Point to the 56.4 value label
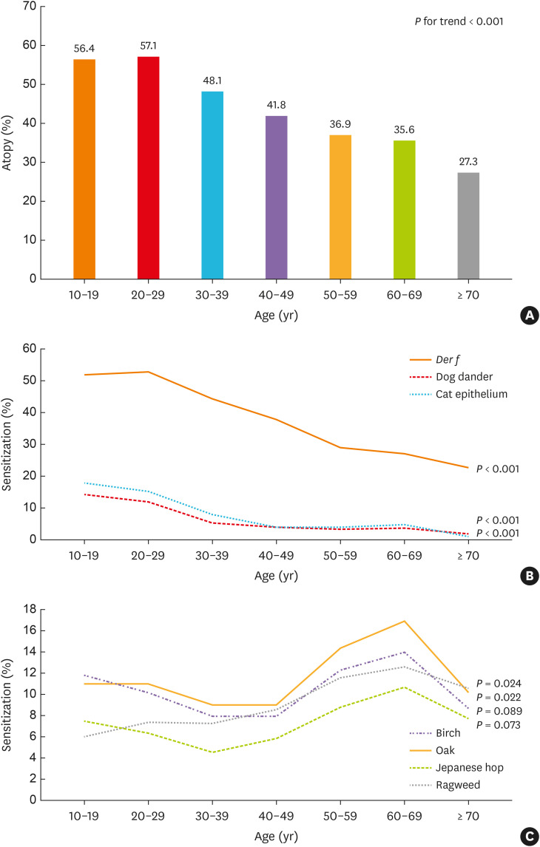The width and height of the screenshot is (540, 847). click(x=84, y=49)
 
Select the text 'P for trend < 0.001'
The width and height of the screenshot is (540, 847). click(x=459, y=23)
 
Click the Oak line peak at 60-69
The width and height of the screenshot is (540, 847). click(x=404, y=621)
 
